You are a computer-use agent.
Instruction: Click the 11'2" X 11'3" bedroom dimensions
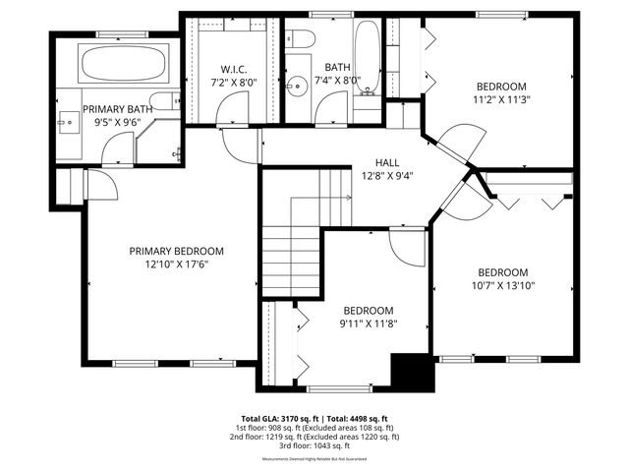501,99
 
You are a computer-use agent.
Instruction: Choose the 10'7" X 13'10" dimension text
502,287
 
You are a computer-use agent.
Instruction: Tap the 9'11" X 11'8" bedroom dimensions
368,324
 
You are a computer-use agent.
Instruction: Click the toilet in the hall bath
302,38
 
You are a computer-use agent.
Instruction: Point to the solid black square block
412,373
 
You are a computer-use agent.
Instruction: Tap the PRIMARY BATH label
117,109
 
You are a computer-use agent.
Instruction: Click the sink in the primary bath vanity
67,124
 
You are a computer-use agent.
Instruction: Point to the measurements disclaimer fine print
314,459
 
